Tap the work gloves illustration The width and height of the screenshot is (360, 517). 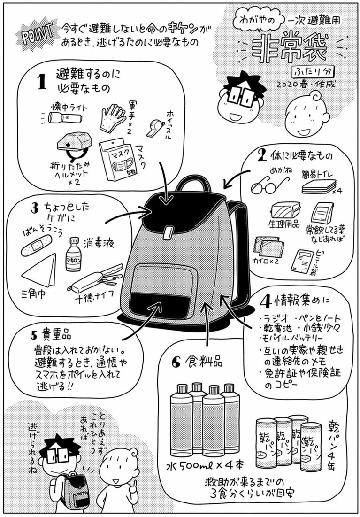[111, 116]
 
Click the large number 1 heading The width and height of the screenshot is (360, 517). [42, 81]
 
